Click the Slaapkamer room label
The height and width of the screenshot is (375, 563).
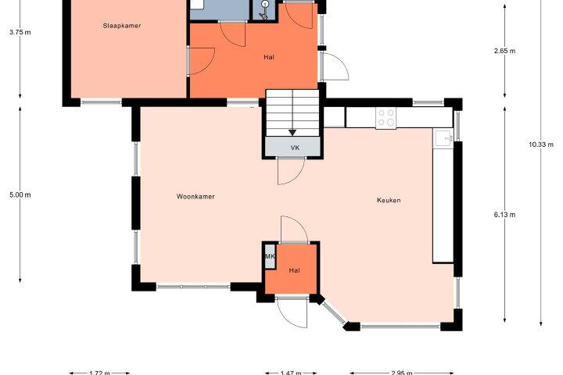point(122,26)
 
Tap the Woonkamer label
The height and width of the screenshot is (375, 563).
point(195,197)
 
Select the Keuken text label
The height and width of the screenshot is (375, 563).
point(389,200)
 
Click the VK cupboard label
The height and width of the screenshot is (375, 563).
point(295,148)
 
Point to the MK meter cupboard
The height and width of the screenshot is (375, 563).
point(270,256)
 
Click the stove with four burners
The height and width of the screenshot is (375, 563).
point(386,118)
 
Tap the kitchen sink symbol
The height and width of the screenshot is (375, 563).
point(444,138)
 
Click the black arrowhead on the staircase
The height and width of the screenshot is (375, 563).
point(292,133)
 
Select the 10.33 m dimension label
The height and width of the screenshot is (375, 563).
point(541,145)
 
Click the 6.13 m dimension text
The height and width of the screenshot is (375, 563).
point(505,215)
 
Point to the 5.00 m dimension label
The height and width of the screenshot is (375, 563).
point(20,195)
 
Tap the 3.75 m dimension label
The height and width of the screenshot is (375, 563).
point(20,32)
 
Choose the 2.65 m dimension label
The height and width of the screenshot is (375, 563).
point(505,51)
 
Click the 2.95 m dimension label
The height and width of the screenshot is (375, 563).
point(402,373)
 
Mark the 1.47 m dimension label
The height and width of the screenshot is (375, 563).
point(291,373)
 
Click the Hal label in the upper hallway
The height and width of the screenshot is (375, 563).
point(269,57)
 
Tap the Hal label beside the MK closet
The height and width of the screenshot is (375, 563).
point(295,270)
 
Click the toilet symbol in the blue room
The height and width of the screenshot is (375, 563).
point(264,10)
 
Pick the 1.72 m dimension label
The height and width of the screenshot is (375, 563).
point(99,373)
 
